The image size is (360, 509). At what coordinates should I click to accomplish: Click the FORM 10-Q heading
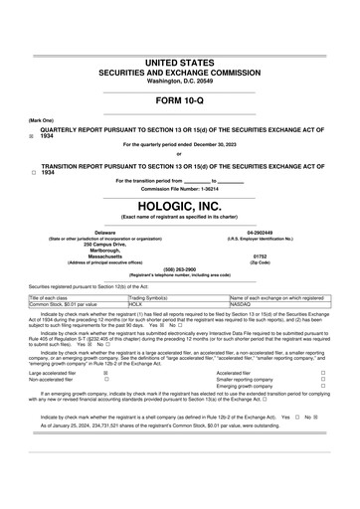click(180, 102)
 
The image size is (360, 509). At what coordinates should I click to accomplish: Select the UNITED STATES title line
click(180, 63)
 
